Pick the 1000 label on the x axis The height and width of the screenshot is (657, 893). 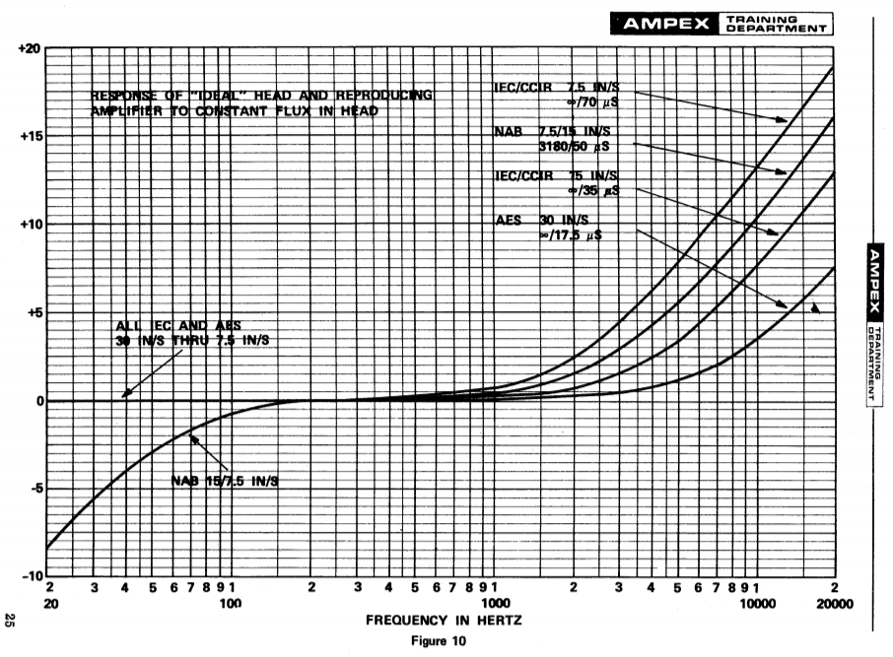point(495,604)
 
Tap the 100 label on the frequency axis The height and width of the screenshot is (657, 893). point(231,604)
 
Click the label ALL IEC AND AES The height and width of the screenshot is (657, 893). point(176,326)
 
